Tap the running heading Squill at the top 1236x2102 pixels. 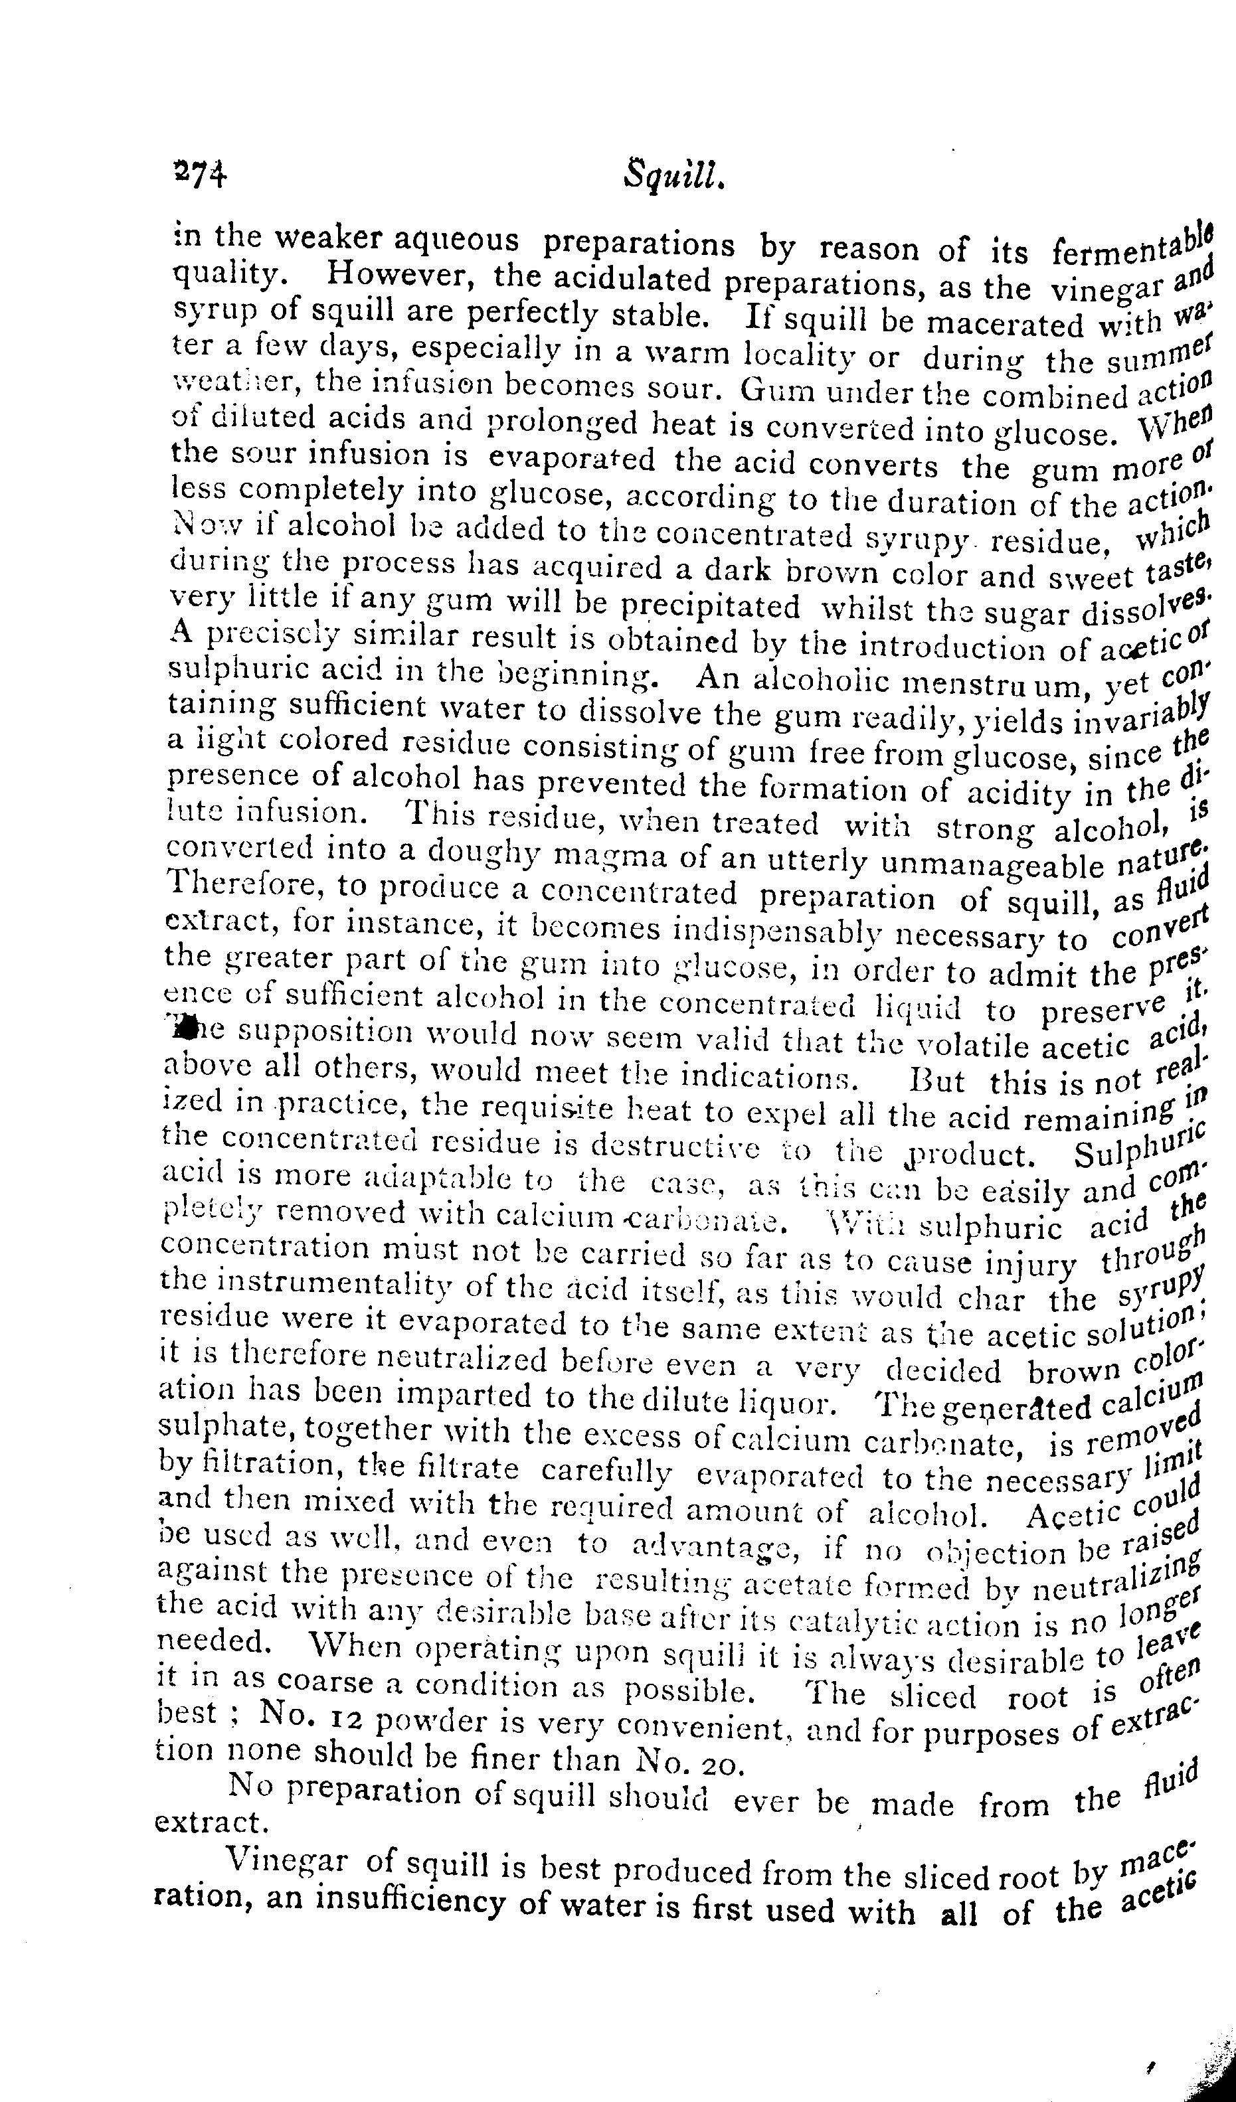click(x=672, y=178)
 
